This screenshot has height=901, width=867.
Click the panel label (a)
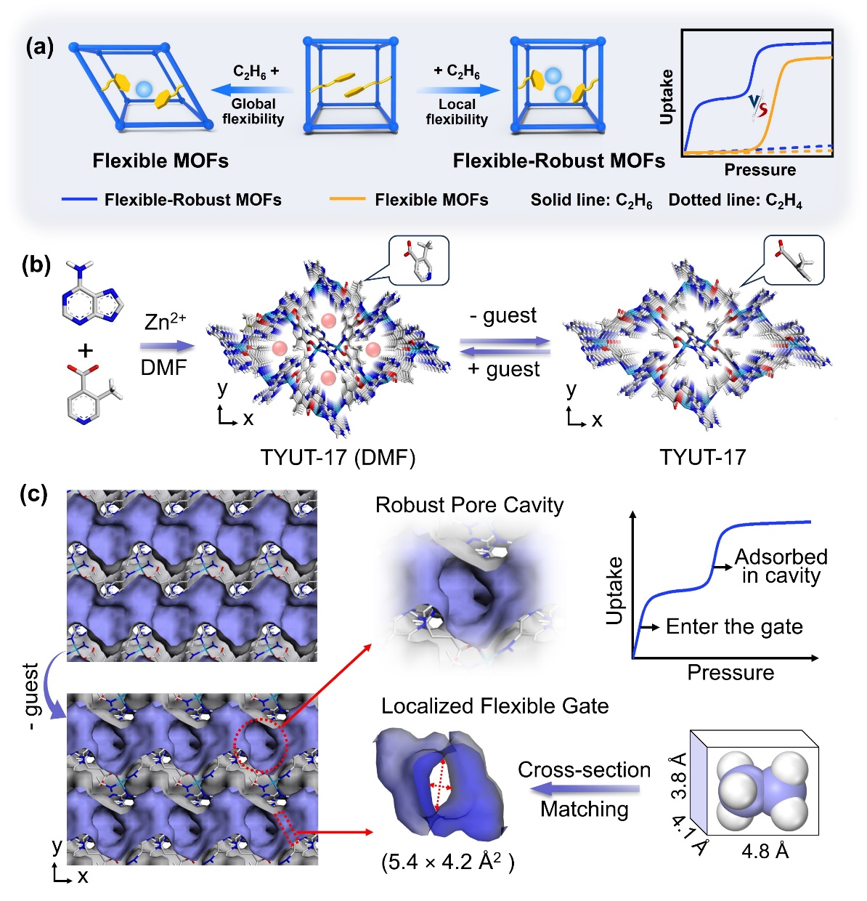click(39, 47)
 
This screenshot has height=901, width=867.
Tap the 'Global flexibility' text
click(253, 111)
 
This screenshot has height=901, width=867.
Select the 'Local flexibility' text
click(457, 112)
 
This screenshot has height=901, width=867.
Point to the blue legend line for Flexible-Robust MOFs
click(79, 199)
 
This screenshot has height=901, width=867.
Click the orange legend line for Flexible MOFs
click(347, 199)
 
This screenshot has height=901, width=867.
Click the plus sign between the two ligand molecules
click(86, 350)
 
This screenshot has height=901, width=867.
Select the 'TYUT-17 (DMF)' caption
click(338, 457)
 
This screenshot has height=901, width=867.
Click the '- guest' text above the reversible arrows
click(503, 315)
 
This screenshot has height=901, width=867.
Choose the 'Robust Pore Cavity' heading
click(469, 505)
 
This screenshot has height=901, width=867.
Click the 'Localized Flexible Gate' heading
click(494, 706)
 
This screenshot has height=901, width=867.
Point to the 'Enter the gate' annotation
click(734, 626)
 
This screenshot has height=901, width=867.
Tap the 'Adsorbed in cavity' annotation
click(781, 566)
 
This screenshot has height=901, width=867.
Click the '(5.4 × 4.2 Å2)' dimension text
click(448, 862)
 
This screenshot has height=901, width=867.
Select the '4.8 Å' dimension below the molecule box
click(765, 850)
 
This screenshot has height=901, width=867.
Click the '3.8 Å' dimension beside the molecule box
click(678, 775)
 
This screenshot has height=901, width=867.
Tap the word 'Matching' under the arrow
click(585, 809)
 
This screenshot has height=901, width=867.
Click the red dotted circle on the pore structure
click(261, 744)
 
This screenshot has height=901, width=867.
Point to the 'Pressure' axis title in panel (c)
click(730, 672)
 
